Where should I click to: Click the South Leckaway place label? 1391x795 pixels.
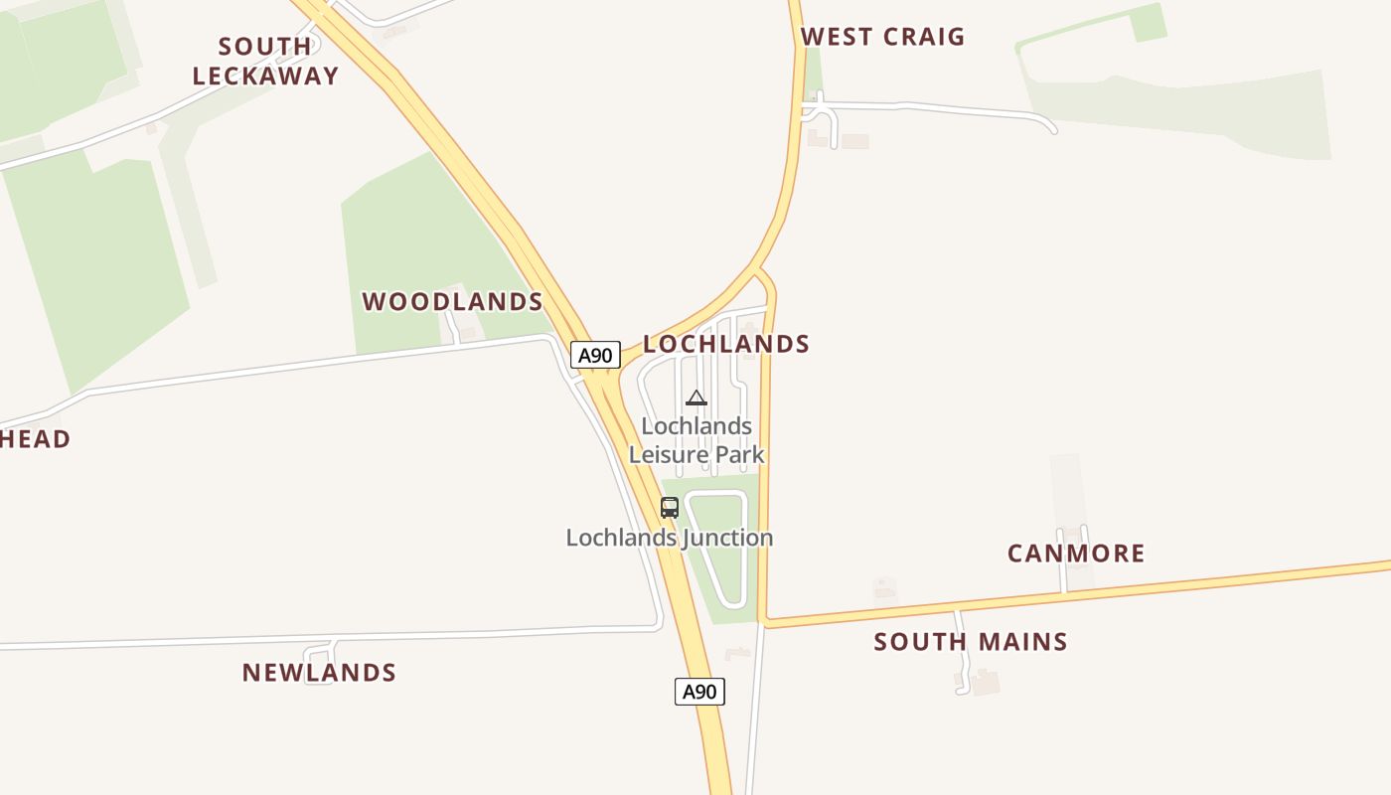pyautogui.click(x=265, y=61)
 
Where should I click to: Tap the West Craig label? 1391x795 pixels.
pyautogui.click(x=882, y=37)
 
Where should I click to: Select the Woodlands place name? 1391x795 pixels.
pyautogui.click(x=452, y=301)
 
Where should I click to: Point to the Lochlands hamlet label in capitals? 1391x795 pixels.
pyautogui.click(x=726, y=344)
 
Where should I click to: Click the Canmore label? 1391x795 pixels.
pyautogui.click(x=1076, y=554)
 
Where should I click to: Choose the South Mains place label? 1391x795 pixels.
pyautogui.click(x=971, y=642)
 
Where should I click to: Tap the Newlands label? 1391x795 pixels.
pyautogui.click(x=319, y=673)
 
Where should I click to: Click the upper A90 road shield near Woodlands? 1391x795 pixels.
pyautogui.click(x=595, y=355)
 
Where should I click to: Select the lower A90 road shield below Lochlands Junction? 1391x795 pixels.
pyautogui.click(x=699, y=692)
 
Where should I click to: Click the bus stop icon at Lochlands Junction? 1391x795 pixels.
pyautogui.click(x=670, y=508)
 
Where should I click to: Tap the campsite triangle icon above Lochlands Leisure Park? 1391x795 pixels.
pyautogui.click(x=695, y=398)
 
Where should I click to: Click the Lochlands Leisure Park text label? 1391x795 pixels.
pyautogui.click(x=696, y=440)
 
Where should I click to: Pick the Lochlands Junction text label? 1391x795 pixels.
pyautogui.click(x=670, y=538)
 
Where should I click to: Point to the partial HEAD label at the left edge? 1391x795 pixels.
pyautogui.click(x=35, y=439)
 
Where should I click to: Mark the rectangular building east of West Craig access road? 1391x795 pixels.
pyautogui.click(x=855, y=142)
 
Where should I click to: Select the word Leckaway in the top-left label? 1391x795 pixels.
pyautogui.click(x=265, y=76)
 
